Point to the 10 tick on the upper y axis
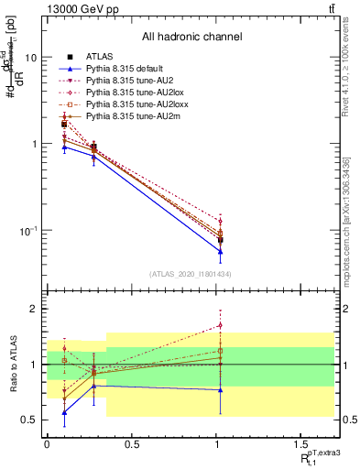tap(30, 57)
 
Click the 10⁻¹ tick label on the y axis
tap(27, 231)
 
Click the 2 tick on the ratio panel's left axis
tap(33, 309)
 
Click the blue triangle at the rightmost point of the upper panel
tap(220, 250)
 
